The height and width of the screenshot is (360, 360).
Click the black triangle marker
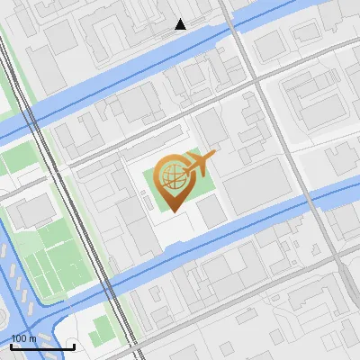(181, 24)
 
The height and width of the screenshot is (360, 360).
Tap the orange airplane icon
(201, 163)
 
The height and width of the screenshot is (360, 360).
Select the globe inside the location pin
(173, 175)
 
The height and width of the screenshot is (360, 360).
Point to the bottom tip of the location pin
(172, 211)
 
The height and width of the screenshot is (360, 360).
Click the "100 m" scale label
(23, 338)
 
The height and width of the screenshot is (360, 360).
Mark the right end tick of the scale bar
(74, 345)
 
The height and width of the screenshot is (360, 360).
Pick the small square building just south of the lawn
(211, 212)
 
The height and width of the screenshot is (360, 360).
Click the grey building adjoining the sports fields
(29, 213)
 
